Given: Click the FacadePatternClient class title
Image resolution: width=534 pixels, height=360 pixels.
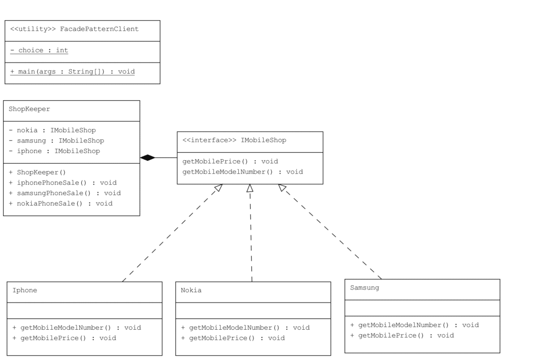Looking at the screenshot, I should pyautogui.click(x=75, y=29).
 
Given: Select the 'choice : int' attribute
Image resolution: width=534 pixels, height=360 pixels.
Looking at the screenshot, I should pyautogui.click(x=39, y=51).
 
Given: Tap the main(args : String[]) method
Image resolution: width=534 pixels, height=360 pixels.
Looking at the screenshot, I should pyautogui.click(x=72, y=71).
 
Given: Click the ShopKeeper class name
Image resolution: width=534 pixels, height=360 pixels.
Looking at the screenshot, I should pyautogui.click(x=29, y=109).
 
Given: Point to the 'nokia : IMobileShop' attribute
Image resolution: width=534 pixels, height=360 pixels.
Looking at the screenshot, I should pyautogui.click(x=52, y=130).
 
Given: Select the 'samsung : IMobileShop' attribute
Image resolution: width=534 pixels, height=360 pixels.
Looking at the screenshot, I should pyautogui.click(x=56, y=141).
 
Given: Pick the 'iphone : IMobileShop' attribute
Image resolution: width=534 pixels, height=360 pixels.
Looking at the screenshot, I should pyautogui.click(x=54, y=151).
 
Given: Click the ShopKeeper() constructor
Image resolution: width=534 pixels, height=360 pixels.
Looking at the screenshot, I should pyautogui.click(x=38, y=172).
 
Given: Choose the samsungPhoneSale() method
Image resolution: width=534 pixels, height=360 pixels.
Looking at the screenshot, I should pyautogui.click(x=65, y=193).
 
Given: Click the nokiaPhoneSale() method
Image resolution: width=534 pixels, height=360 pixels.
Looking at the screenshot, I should pyautogui.click(x=60, y=203).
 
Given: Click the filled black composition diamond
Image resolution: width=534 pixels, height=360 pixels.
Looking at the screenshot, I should pyautogui.click(x=148, y=158).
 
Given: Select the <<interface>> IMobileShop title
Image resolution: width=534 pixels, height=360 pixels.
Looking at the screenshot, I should pyautogui.click(x=234, y=140).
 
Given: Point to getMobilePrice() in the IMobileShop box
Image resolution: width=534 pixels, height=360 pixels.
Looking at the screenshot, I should pyautogui.click(x=230, y=162).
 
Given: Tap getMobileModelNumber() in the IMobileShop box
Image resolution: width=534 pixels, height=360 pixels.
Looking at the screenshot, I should pyautogui.click(x=242, y=172).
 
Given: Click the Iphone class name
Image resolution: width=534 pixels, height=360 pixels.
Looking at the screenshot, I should pyautogui.click(x=25, y=291).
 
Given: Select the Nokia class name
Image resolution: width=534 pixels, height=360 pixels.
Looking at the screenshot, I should pyautogui.click(x=191, y=291).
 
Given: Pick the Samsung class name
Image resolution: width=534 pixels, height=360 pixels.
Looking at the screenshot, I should pyautogui.click(x=365, y=288).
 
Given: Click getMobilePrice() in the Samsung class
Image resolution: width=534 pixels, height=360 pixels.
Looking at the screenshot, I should pyautogui.click(x=402, y=335).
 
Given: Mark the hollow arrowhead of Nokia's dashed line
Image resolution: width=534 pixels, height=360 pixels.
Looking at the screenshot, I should pyautogui.click(x=250, y=188).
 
